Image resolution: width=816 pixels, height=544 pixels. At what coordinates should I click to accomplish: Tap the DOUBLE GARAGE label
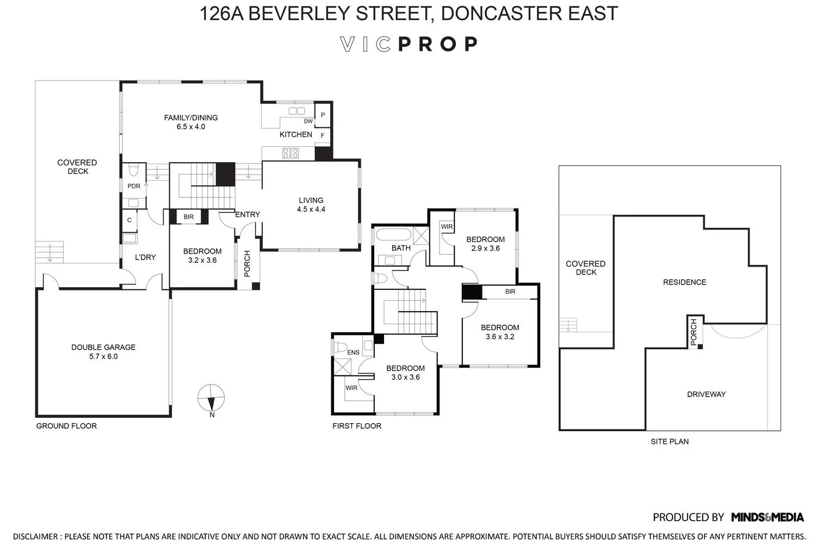[x=103, y=347]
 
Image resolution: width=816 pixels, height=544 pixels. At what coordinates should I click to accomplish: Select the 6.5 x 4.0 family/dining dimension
[x=191, y=127]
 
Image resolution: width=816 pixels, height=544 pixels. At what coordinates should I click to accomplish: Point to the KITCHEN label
[x=296, y=134]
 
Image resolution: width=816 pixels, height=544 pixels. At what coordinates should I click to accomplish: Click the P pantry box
[x=323, y=115]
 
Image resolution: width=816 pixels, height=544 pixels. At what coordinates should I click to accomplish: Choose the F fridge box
[x=323, y=135]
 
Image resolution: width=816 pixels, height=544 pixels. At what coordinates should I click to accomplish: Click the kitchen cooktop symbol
[x=290, y=153]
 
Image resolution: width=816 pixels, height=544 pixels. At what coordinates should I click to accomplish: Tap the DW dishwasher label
[x=308, y=122]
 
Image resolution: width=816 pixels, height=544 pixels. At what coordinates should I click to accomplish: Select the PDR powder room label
[x=133, y=186]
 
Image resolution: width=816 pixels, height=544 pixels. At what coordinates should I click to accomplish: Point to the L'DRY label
[x=145, y=257]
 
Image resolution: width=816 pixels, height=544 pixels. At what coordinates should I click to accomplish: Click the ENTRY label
[x=248, y=214]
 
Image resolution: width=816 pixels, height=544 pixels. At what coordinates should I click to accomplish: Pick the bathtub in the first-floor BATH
[x=393, y=235]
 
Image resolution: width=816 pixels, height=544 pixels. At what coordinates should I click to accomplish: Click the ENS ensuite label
[x=353, y=353]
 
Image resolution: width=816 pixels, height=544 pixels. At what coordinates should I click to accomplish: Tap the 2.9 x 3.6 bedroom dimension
[x=485, y=249]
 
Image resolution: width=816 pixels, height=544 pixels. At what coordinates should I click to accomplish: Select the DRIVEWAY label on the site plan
[x=706, y=394]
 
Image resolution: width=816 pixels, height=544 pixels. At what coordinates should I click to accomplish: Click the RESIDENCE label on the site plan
[x=684, y=282]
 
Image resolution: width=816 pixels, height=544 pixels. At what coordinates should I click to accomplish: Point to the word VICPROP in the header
[x=409, y=44]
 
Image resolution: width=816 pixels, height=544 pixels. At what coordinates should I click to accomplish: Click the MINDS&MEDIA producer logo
[x=767, y=517]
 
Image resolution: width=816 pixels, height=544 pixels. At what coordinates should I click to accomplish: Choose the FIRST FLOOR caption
[x=357, y=426]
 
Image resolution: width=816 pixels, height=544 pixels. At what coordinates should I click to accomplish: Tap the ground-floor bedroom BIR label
[x=188, y=217]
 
